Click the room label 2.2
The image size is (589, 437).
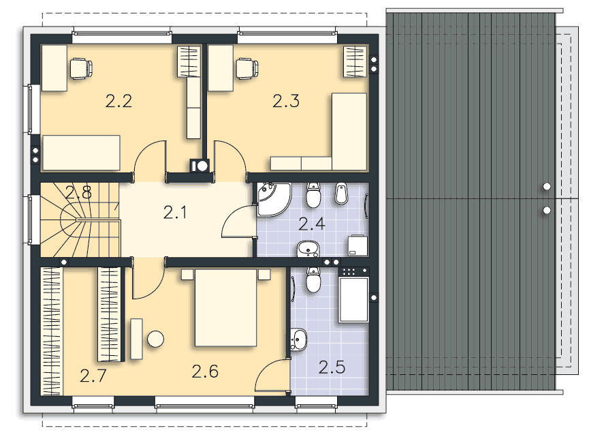tap(118, 101)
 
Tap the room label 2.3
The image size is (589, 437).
tap(286, 101)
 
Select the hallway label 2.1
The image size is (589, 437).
tap(175, 213)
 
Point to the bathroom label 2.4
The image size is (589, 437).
tap(312, 224)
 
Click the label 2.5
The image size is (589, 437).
tap(332, 367)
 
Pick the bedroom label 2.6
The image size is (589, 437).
tap(205, 372)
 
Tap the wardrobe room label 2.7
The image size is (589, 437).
tap(93, 376)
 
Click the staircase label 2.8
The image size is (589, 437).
tap(78, 192)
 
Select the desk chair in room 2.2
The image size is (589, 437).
tap(81, 68)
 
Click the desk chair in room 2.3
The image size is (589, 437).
tap(247, 68)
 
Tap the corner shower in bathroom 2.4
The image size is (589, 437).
tap(274, 199)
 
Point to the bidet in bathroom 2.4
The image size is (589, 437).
tap(341, 194)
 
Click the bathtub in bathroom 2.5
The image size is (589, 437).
tap(353, 299)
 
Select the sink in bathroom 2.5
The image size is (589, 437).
tap(299, 340)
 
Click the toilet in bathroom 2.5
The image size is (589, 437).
tap(313, 280)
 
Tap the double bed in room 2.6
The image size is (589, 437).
tap(226, 307)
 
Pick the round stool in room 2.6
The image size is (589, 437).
tap(155, 339)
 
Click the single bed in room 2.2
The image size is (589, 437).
tap(82, 153)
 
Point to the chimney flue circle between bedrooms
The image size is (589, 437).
tap(203, 166)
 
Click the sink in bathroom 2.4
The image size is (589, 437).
tap(308, 249)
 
